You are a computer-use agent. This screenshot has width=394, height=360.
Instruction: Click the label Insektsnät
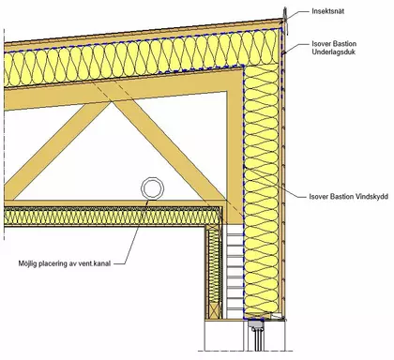click(x=328, y=11)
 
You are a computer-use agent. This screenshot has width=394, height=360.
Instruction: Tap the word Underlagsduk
click(x=334, y=52)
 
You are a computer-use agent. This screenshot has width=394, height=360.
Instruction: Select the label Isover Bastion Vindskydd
click(x=349, y=197)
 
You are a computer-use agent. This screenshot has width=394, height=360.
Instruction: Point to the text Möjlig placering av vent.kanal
click(x=65, y=263)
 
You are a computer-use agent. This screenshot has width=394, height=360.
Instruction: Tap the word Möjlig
click(x=27, y=263)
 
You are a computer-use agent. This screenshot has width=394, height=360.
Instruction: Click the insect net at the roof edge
click(x=284, y=17)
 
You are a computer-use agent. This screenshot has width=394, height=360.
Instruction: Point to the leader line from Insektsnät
click(x=297, y=13)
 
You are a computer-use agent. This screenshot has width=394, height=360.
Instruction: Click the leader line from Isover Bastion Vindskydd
click(x=275, y=182)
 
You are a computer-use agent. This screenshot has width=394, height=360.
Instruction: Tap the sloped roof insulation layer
click(x=141, y=59)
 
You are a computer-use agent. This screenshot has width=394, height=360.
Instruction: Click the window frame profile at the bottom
click(x=258, y=333)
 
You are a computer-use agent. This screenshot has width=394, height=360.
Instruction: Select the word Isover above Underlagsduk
click(x=320, y=44)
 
